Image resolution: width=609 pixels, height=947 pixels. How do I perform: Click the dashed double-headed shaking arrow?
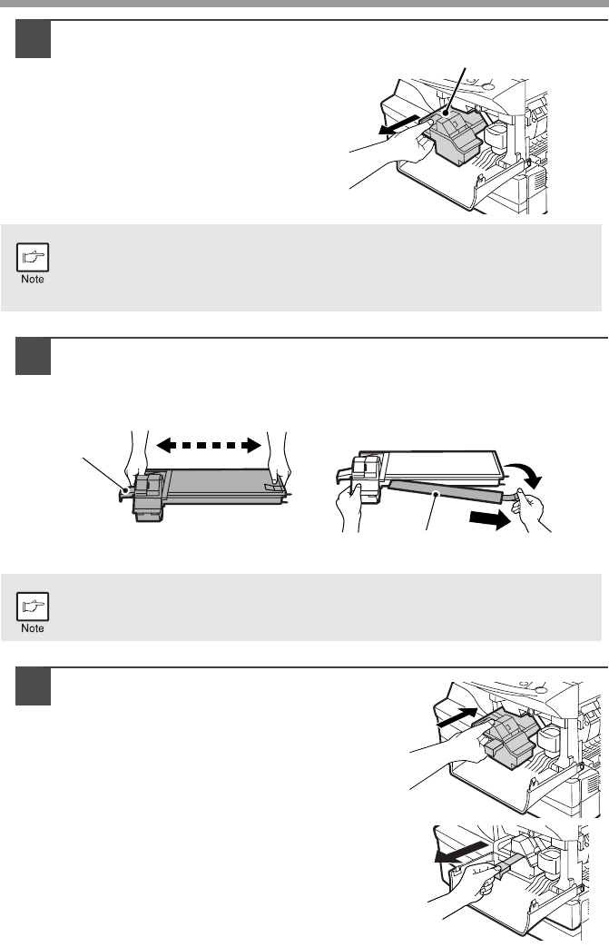tap(209, 447)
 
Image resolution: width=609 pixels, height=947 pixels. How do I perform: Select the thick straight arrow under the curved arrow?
tap(489, 518)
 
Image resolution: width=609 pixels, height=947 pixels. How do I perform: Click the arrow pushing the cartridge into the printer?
tap(457, 717)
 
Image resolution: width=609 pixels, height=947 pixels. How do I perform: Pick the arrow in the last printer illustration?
tap(460, 851)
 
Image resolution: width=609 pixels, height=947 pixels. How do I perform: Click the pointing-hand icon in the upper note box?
tap(33, 258)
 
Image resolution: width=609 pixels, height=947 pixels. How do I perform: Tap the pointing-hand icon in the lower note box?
tap(33, 607)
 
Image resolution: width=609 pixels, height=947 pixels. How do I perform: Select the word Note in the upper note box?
tap(33, 279)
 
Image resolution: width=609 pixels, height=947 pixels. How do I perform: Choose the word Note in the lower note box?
tap(33, 628)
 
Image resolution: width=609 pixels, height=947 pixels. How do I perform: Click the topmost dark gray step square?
tap(34, 39)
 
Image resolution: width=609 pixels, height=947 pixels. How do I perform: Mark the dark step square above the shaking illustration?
tap(34, 356)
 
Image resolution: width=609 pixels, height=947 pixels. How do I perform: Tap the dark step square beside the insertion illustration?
tap(34, 686)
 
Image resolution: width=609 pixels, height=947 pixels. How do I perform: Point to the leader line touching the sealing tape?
tap(431, 512)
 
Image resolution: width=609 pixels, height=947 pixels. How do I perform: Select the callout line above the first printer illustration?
tap(457, 90)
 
